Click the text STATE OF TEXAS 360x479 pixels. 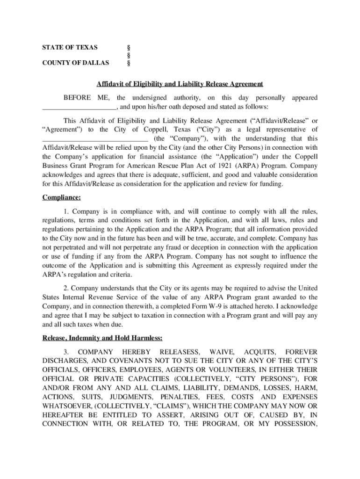tap(70, 48)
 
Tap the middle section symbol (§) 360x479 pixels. tap(129, 55)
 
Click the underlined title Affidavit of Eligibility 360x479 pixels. tap(180, 84)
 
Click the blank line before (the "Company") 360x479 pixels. tap(95, 139)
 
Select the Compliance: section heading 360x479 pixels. tap(58, 197)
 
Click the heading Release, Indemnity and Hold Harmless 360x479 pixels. tap(102, 338)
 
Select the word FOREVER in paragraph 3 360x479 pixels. tap(301, 352)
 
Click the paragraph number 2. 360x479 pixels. tap(66, 288)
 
